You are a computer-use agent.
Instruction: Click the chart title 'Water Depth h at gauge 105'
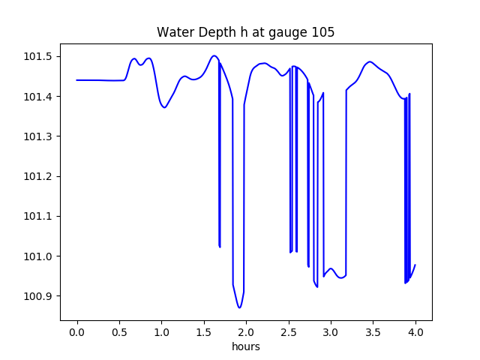pyautogui.click(x=245, y=32)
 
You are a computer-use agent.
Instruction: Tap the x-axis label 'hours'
pyautogui.click(x=246, y=347)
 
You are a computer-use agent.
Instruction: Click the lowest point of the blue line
pyautogui.click(x=239, y=307)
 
